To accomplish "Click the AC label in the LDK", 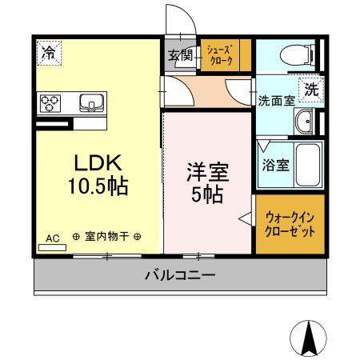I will (x=52, y=238).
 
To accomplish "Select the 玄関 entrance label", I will (x=179, y=56).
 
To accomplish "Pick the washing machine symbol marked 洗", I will (x=311, y=89).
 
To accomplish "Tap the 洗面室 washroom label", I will (x=274, y=102).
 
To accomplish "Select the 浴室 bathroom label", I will (x=277, y=166).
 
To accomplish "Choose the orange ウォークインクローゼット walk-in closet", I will (x=290, y=223).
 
